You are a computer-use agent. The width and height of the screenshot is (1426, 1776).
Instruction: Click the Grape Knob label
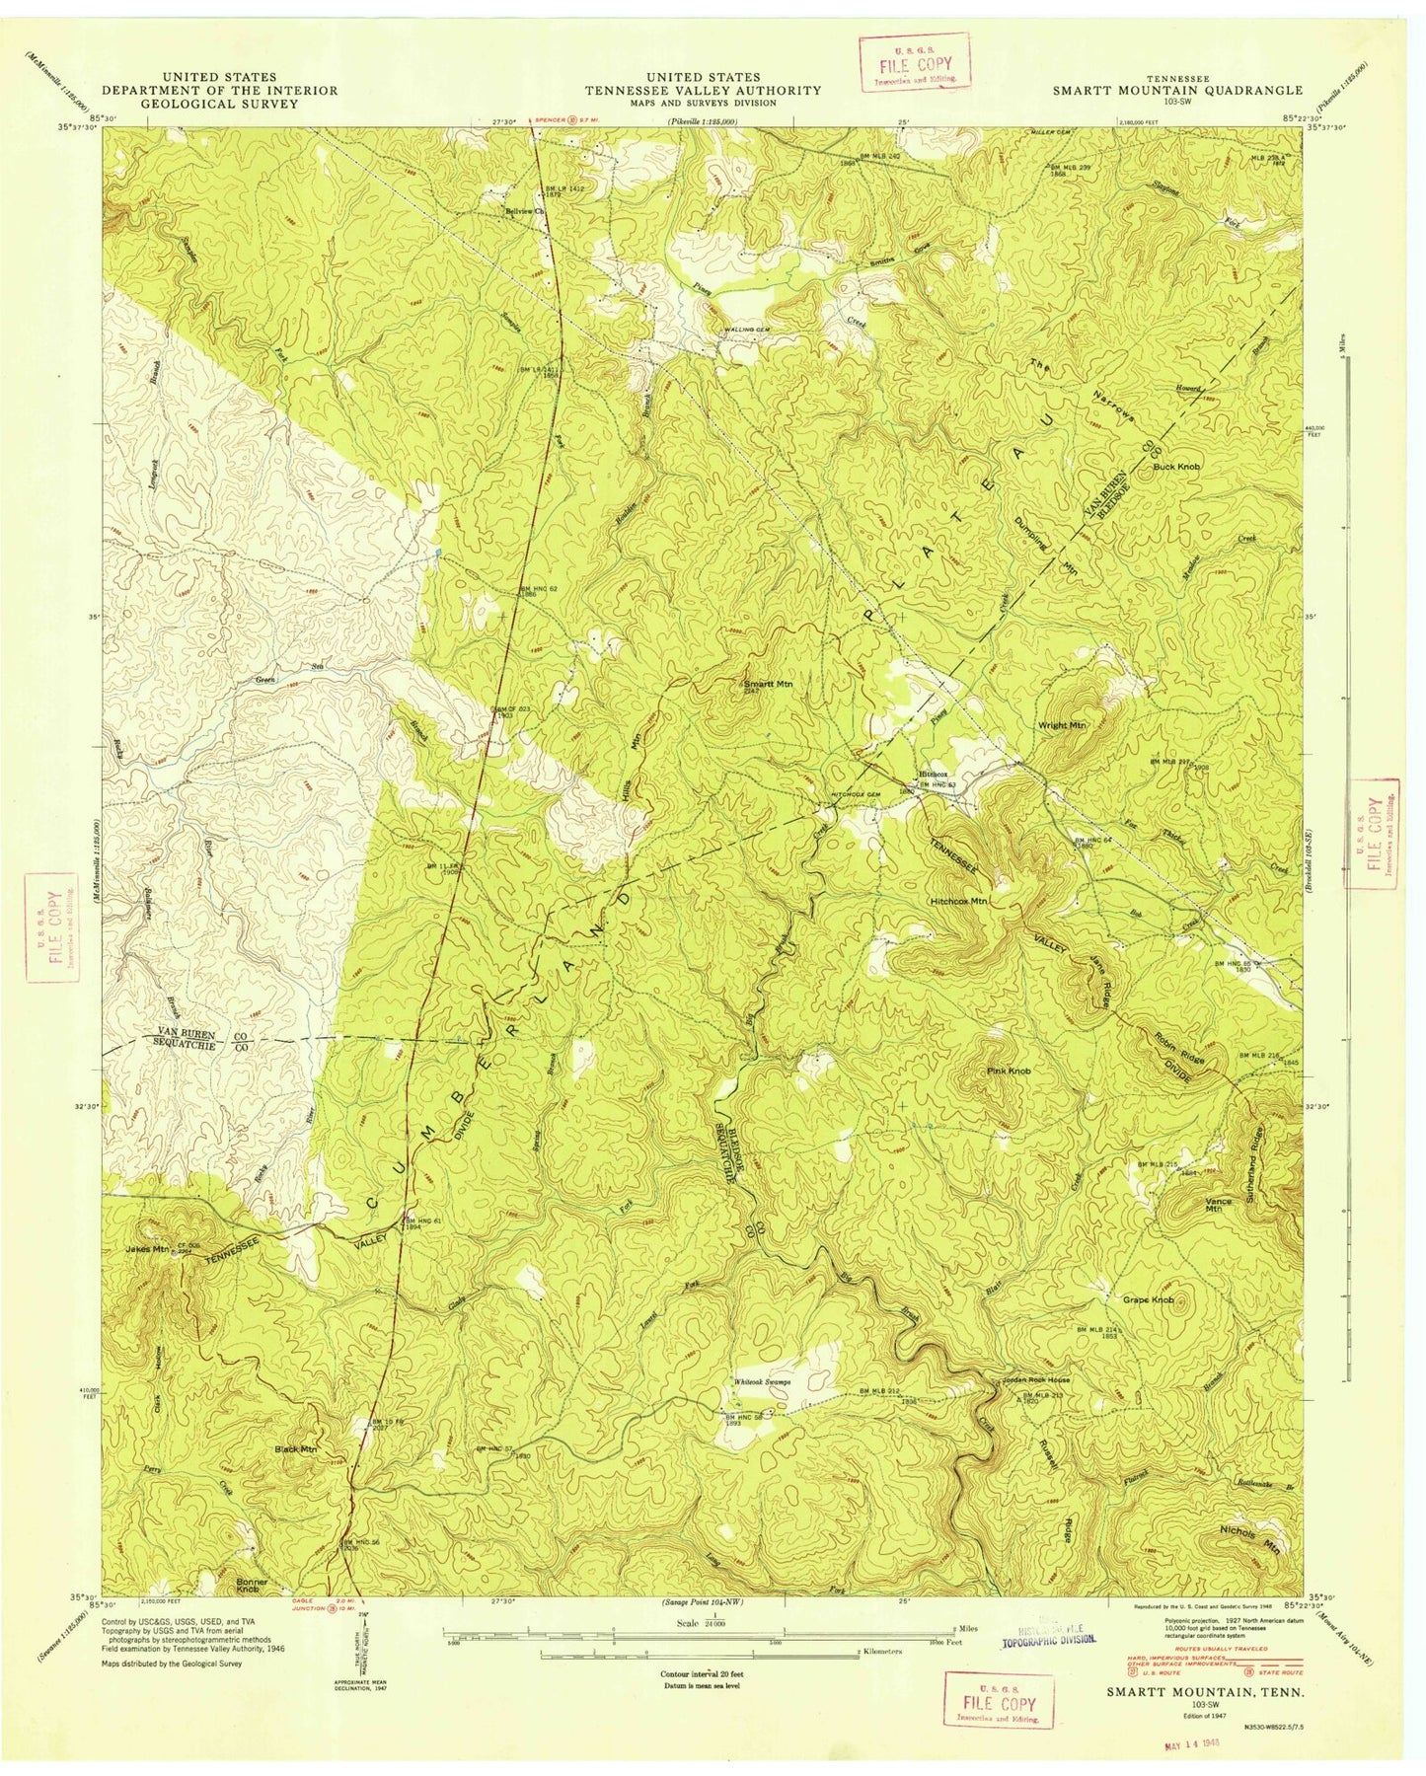point(1149,1300)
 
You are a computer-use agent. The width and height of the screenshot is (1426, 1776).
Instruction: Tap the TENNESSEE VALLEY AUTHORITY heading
point(703,90)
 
